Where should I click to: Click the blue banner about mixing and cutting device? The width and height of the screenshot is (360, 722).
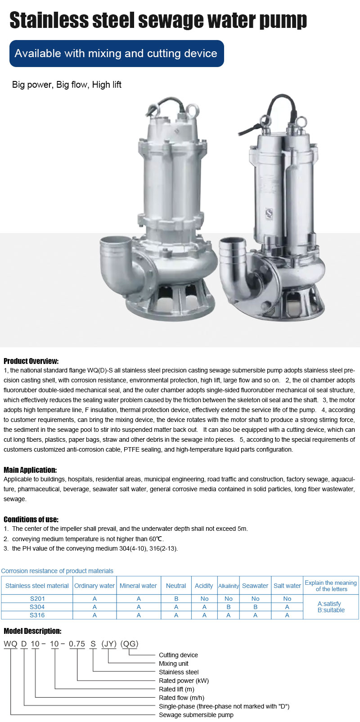coord(116,54)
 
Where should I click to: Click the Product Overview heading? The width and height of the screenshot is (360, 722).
coord(31,361)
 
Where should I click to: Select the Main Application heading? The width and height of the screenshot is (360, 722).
coord(30,470)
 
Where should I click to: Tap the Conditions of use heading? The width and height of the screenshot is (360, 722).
coord(31,519)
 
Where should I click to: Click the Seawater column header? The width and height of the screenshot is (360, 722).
coord(255,586)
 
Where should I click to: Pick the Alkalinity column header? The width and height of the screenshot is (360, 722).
coord(228,586)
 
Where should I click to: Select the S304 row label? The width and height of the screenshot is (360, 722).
coord(37,607)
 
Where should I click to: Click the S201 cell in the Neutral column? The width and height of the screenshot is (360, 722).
coord(176,599)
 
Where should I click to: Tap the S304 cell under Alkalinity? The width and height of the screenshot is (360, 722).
coord(228,607)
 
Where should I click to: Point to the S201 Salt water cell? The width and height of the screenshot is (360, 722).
coord(287,599)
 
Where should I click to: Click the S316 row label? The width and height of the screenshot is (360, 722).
coord(37,615)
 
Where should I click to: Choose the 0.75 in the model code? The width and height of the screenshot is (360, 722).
coord(77,644)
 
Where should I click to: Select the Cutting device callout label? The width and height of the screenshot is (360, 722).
coord(178,655)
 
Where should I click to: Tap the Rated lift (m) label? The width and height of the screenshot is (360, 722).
coord(176,689)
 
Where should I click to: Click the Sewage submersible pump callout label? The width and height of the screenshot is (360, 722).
coord(196,715)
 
